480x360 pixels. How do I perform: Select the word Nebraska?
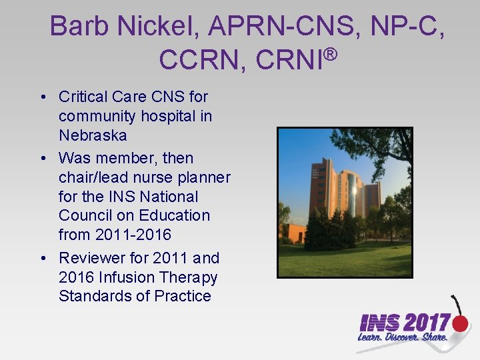click(x=93, y=135)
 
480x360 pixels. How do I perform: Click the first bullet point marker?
click(x=43, y=97)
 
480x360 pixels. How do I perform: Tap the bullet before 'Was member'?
click(x=43, y=159)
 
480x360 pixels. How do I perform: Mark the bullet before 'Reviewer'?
click(x=43, y=258)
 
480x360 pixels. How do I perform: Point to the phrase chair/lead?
click(x=97, y=177)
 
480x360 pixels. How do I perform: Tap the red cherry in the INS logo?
click(x=460, y=324)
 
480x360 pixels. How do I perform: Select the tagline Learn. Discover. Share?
click(x=402, y=338)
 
